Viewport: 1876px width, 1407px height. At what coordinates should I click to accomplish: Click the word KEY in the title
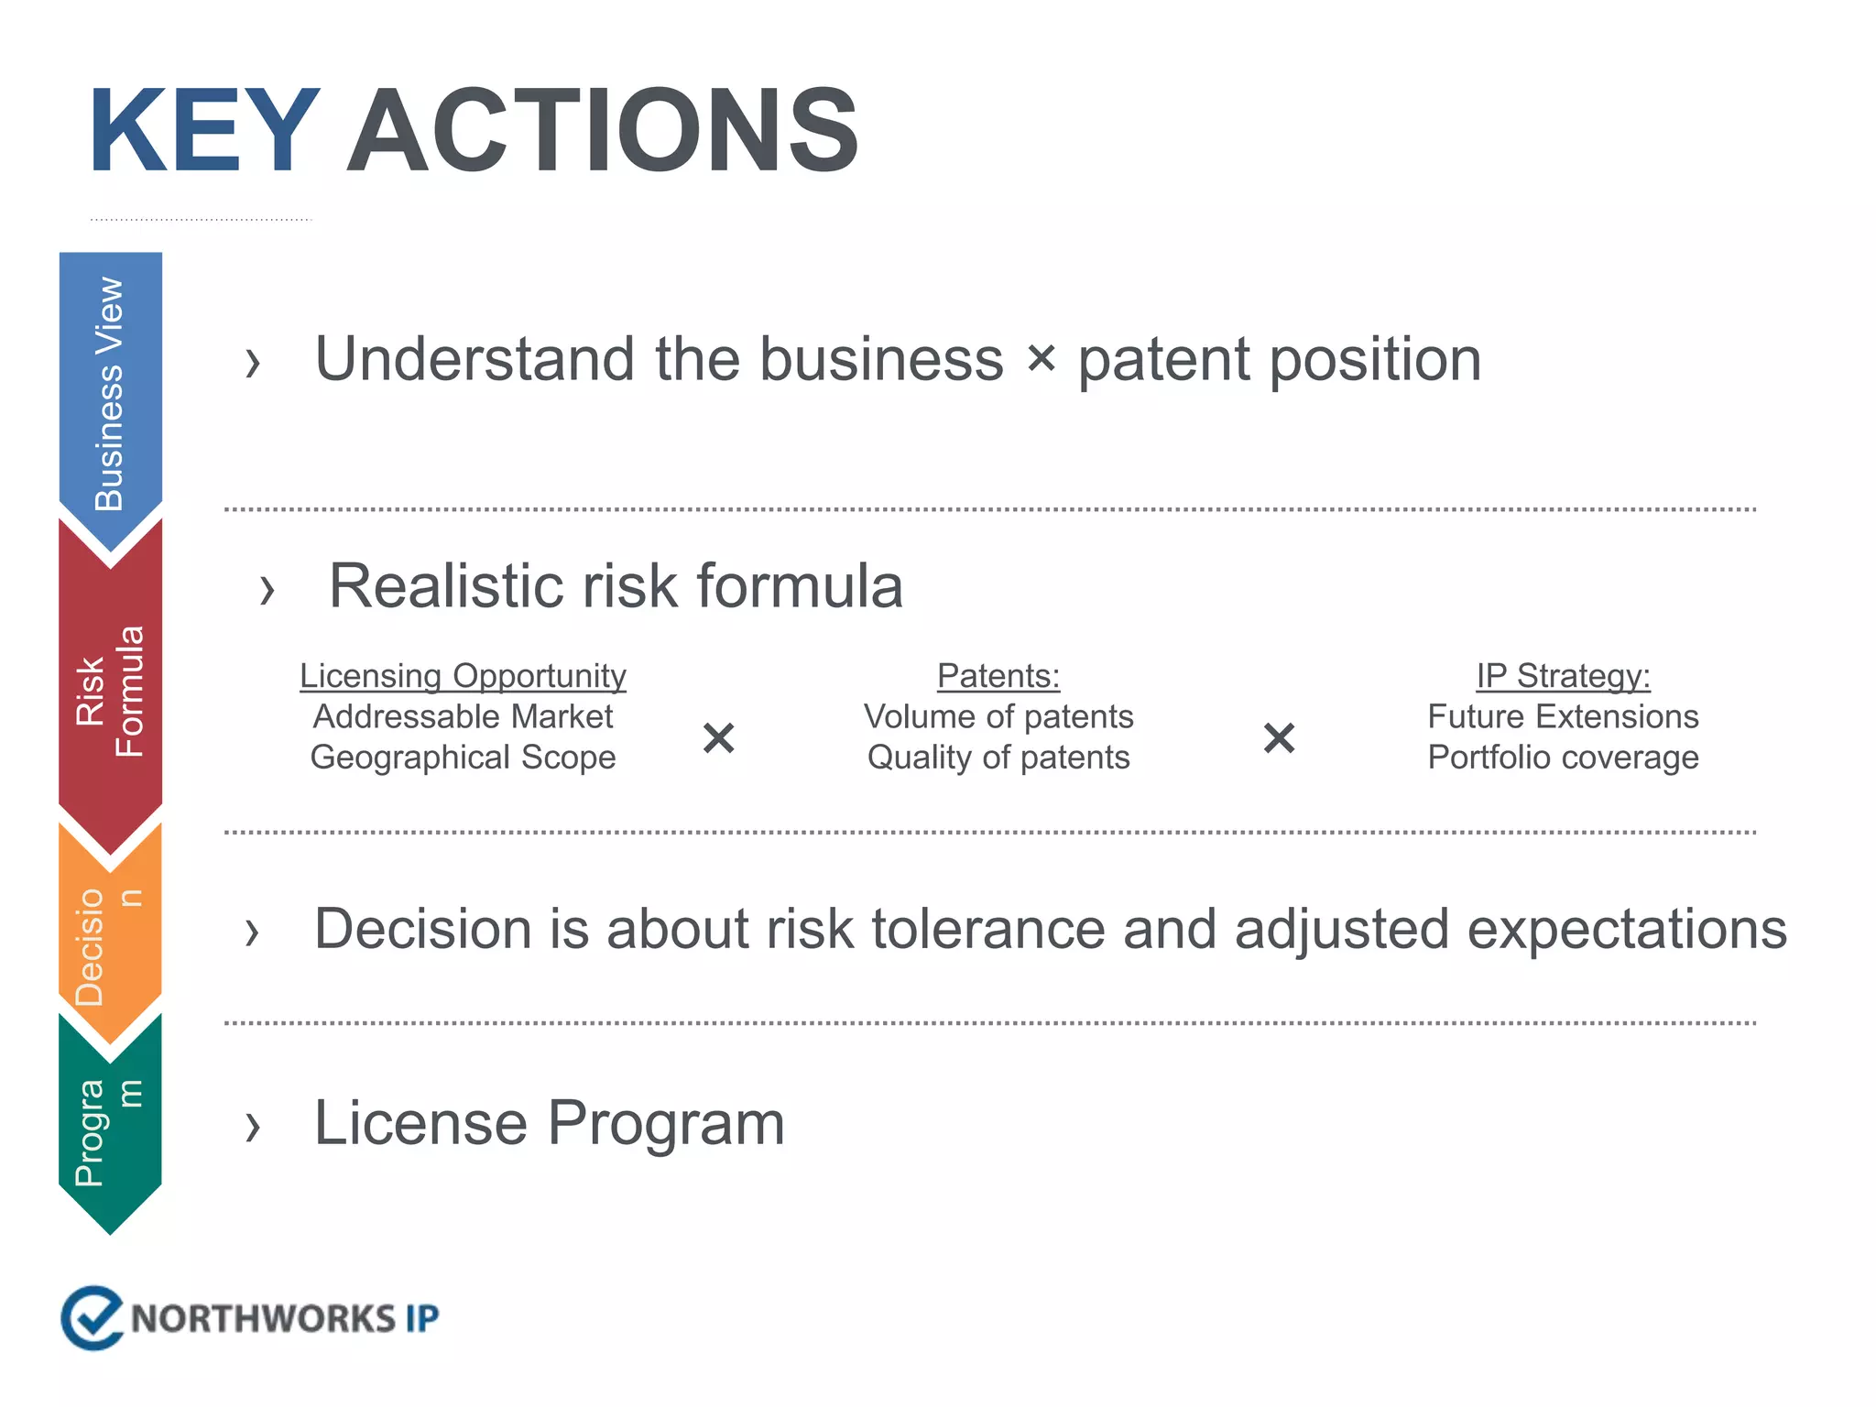(x=203, y=130)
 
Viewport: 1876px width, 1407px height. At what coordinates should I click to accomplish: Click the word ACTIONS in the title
(x=603, y=130)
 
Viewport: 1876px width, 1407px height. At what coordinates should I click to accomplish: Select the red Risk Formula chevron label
(x=110, y=692)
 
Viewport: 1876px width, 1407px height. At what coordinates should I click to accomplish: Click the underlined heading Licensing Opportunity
(x=463, y=676)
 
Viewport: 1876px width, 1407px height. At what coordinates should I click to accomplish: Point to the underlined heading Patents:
(x=998, y=676)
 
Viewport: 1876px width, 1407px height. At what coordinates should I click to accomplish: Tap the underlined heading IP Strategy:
(x=1563, y=676)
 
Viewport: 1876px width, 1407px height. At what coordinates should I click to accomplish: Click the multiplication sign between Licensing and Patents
(x=719, y=737)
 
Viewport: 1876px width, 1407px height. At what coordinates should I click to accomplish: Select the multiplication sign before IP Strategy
(x=1279, y=737)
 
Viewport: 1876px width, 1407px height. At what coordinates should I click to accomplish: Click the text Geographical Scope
(x=463, y=758)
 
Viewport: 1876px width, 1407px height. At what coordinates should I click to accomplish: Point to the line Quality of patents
(x=998, y=758)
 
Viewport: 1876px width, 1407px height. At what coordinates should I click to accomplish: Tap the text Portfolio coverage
(x=1563, y=758)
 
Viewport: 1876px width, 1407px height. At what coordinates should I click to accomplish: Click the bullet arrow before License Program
(x=253, y=1126)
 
